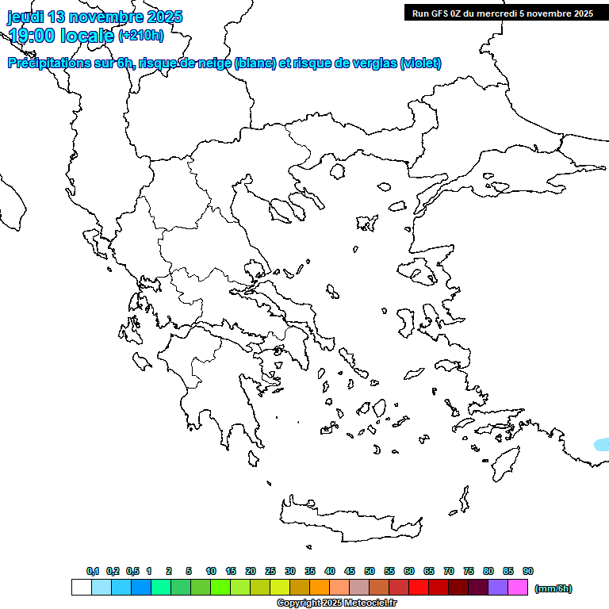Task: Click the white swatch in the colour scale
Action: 81,587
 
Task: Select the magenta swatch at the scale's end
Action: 518,587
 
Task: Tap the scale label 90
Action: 528,571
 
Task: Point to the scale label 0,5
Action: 132,571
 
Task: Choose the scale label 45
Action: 350,571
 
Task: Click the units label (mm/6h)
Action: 553,588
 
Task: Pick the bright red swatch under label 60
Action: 418,587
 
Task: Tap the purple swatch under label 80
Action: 498,587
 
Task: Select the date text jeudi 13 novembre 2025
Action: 95,17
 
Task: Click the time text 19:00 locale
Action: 62,35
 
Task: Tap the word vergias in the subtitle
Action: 372,63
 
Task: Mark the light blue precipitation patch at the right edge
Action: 603,444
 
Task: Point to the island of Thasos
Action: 337,170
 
